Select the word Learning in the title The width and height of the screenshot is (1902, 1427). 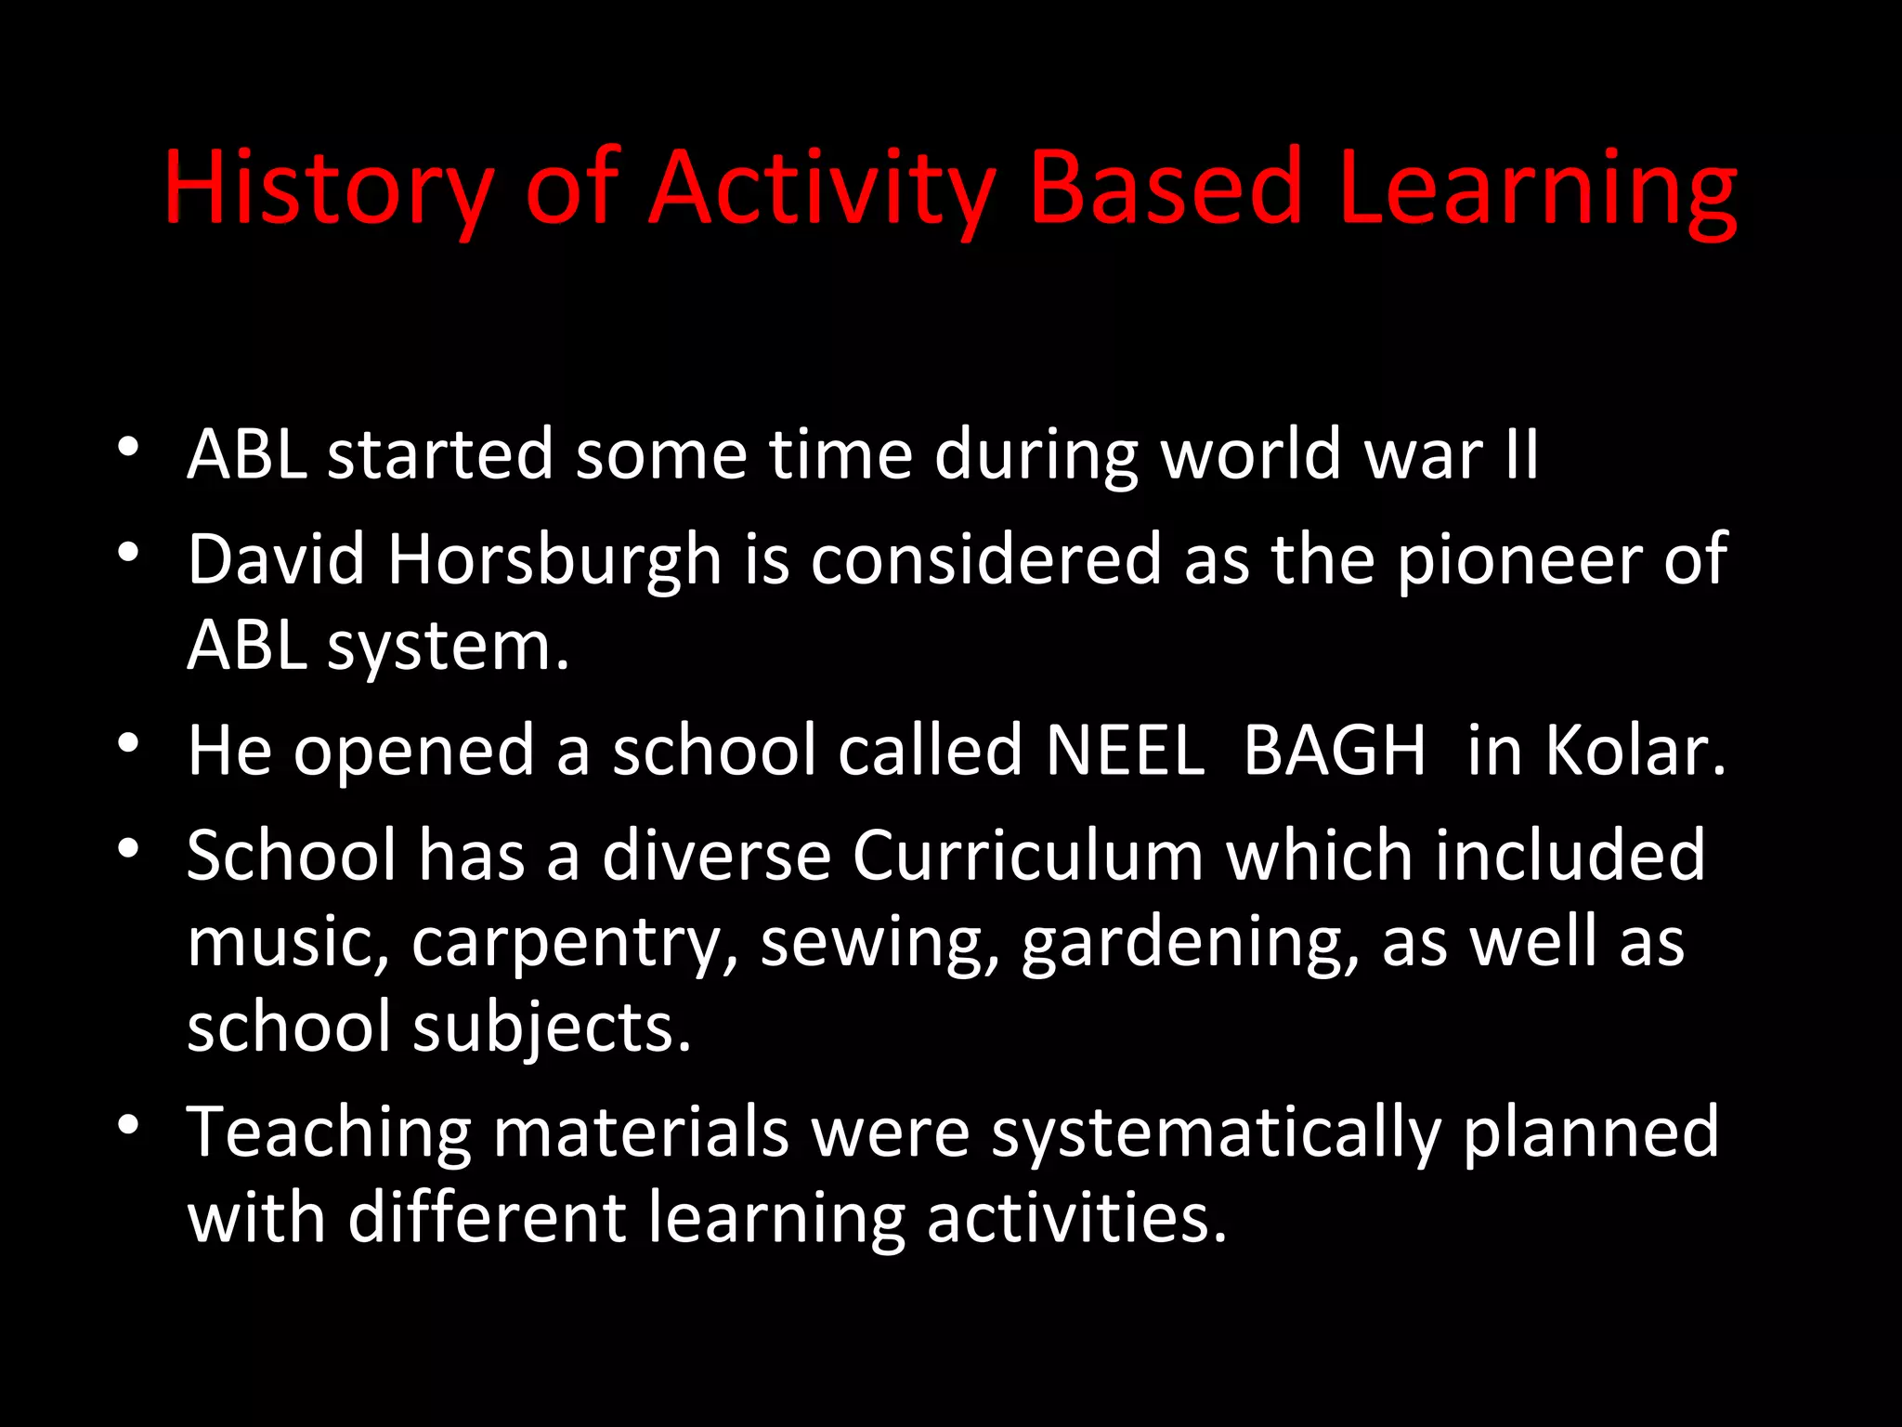pyautogui.click(x=1537, y=189)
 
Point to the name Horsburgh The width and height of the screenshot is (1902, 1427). pyautogui.click(x=554, y=560)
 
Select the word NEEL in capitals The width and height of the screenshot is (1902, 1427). pyautogui.click(x=1125, y=750)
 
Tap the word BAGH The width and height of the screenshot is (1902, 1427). pyautogui.click(x=1334, y=750)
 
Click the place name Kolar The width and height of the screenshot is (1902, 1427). pyautogui.click(x=1635, y=750)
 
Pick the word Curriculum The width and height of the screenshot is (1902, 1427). pyautogui.click(x=1027, y=856)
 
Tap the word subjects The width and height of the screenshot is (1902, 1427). pyautogui.click(x=552, y=1028)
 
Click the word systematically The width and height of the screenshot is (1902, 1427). pyautogui.click(x=1216, y=1132)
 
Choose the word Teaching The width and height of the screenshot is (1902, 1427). pyautogui.click(x=330, y=1132)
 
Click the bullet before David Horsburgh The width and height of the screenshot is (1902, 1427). pyautogui.click(x=128, y=554)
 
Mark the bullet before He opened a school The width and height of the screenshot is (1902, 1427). pyautogui.click(x=128, y=743)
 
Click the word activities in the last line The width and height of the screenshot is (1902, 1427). pyautogui.click(x=1076, y=1218)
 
